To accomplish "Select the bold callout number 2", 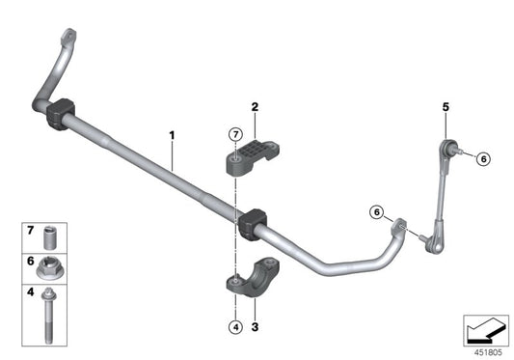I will (256, 108).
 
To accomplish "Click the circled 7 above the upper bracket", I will (234, 134).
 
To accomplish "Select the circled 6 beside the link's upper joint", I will (483, 159).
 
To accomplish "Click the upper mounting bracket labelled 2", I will (255, 154).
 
